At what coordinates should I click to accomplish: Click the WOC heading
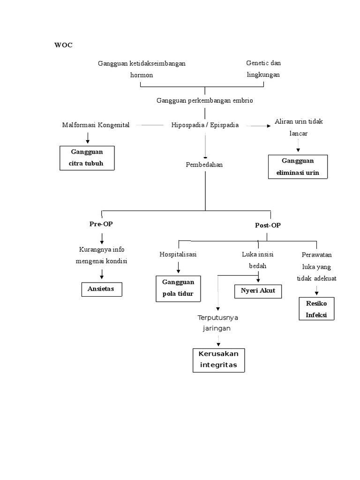(x=63, y=45)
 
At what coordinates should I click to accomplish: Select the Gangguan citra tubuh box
(x=87, y=158)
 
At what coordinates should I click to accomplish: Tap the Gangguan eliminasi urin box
(x=297, y=167)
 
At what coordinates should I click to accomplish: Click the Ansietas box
(x=102, y=289)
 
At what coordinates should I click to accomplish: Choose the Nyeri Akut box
(x=258, y=291)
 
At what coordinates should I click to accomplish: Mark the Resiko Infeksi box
(x=316, y=309)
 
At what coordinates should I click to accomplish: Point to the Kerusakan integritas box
(x=218, y=360)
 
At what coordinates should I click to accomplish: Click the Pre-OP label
(x=101, y=224)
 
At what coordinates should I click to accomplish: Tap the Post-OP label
(x=268, y=225)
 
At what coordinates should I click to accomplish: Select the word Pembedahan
(x=204, y=165)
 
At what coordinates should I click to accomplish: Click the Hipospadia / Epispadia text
(x=205, y=125)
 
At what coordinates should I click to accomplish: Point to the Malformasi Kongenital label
(x=96, y=125)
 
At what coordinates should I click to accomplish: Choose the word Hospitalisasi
(x=178, y=255)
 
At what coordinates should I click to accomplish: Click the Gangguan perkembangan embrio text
(x=205, y=100)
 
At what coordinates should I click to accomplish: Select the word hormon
(x=142, y=75)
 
